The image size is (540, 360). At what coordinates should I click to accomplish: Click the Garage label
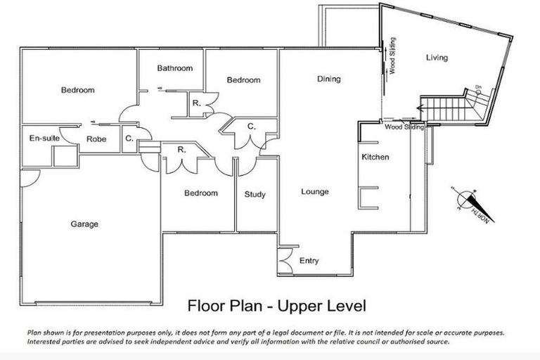point(84,224)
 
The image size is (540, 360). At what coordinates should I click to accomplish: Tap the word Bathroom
point(174,68)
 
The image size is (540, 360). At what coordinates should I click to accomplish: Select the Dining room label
point(328,79)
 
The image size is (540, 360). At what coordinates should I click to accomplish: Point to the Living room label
point(437,58)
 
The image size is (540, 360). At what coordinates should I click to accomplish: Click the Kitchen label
point(375,157)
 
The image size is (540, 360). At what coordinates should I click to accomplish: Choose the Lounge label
point(315,191)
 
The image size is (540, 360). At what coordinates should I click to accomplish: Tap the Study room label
point(255,194)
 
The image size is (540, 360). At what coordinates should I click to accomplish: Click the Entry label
point(309,261)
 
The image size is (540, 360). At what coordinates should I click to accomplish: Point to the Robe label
point(96,139)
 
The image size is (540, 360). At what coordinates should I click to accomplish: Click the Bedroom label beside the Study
point(200,193)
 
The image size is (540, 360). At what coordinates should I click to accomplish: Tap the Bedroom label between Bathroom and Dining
point(243,80)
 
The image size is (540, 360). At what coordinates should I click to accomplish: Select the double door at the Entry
point(286,259)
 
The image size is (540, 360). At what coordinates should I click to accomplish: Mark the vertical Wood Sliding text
point(392,56)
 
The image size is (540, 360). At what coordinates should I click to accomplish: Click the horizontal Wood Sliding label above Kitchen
point(404,127)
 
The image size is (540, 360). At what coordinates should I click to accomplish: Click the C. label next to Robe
point(129,139)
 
